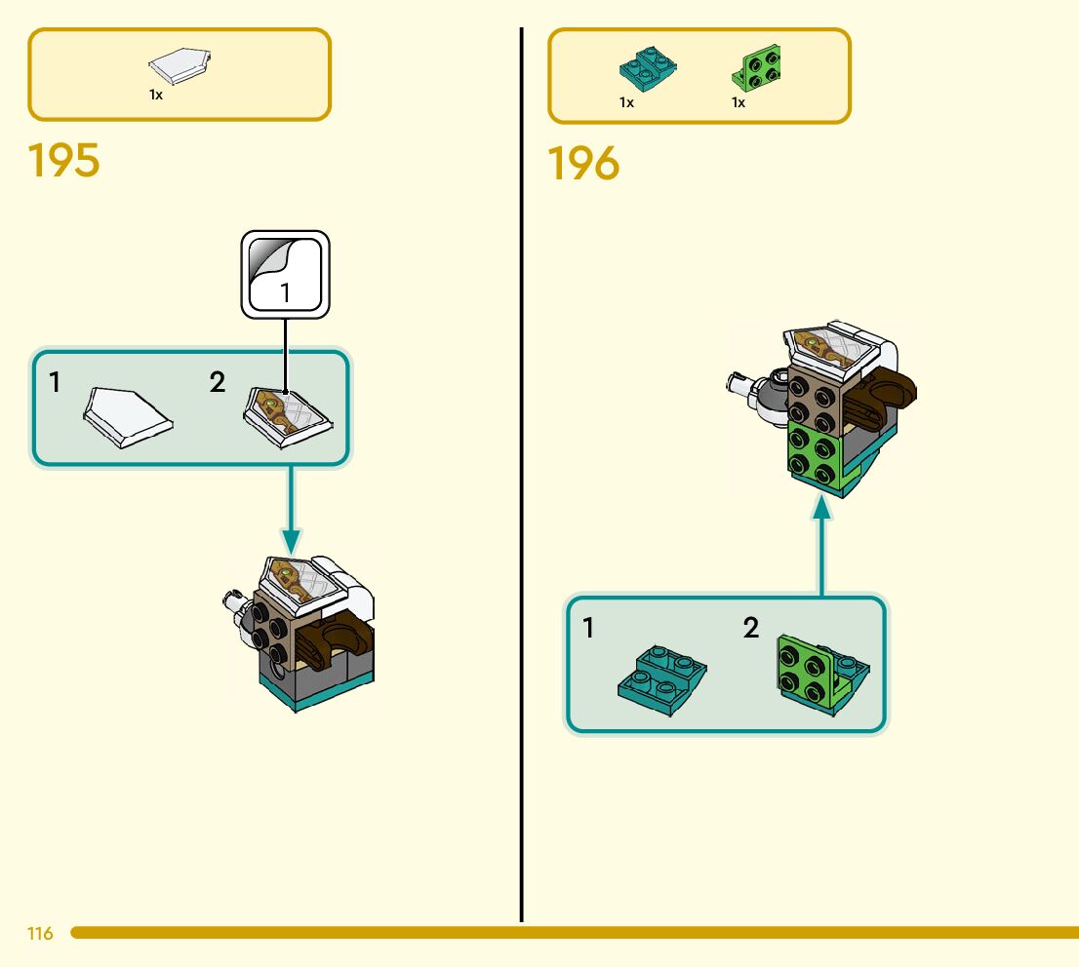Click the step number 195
pos(64,161)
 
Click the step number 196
pos(583,164)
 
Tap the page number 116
pos(40,934)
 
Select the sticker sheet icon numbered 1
pos(286,274)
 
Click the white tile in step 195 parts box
pos(181,66)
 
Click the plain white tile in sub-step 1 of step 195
pos(128,416)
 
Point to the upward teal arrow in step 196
pos(822,546)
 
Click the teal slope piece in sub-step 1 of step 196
pos(662,673)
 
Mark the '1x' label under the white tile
pos(156,96)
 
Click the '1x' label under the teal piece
pos(626,102)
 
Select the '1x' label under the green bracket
pos(739,102)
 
